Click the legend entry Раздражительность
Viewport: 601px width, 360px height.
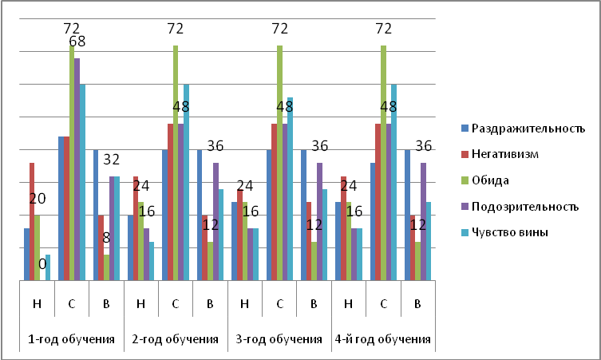tap(528, 129)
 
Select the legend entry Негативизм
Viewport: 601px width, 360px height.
tap(507, 154)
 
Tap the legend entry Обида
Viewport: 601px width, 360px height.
tap(492, 180)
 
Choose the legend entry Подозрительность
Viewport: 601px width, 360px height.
tap(524, 207)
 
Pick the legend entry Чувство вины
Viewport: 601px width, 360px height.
tap(510, 232)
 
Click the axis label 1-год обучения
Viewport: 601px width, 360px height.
tap(71, 338)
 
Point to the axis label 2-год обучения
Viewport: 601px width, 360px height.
tap(175, 338)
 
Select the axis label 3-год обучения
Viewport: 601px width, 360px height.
tap(279, 338)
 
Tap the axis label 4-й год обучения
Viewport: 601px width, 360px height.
tap(383, 338)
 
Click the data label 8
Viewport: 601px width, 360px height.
tap(105, 236)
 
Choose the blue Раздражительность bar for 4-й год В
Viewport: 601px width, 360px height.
tap(407, 215)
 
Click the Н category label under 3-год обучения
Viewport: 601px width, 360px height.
tap(244, 303)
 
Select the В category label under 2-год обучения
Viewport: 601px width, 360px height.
tap(210, 303)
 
